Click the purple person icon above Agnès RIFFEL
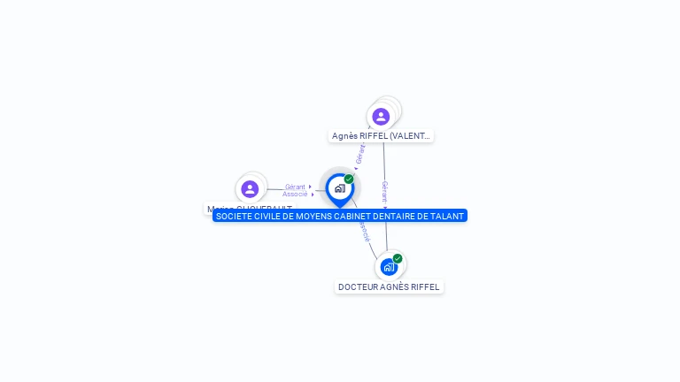(x=381, y=117)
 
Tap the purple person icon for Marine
(x=250, y=188)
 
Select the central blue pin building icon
(x=339, y=188)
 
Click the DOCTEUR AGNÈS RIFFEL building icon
(x=388, y=266)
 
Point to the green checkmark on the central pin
(x=349, y=180)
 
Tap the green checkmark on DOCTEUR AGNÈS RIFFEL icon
(x=398, y=258)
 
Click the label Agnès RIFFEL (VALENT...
(x=382, y=136)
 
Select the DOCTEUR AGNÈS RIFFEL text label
(x=389, y=287)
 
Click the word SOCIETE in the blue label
(x=233, y=216)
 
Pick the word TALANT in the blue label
(x=447, y=216)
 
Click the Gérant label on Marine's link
(x=295, y=187)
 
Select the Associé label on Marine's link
(x=295, y=194)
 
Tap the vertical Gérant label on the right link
(x=384, y=191)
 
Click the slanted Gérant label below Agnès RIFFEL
(x=360, y=153)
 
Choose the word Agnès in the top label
(x=344, y=136)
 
